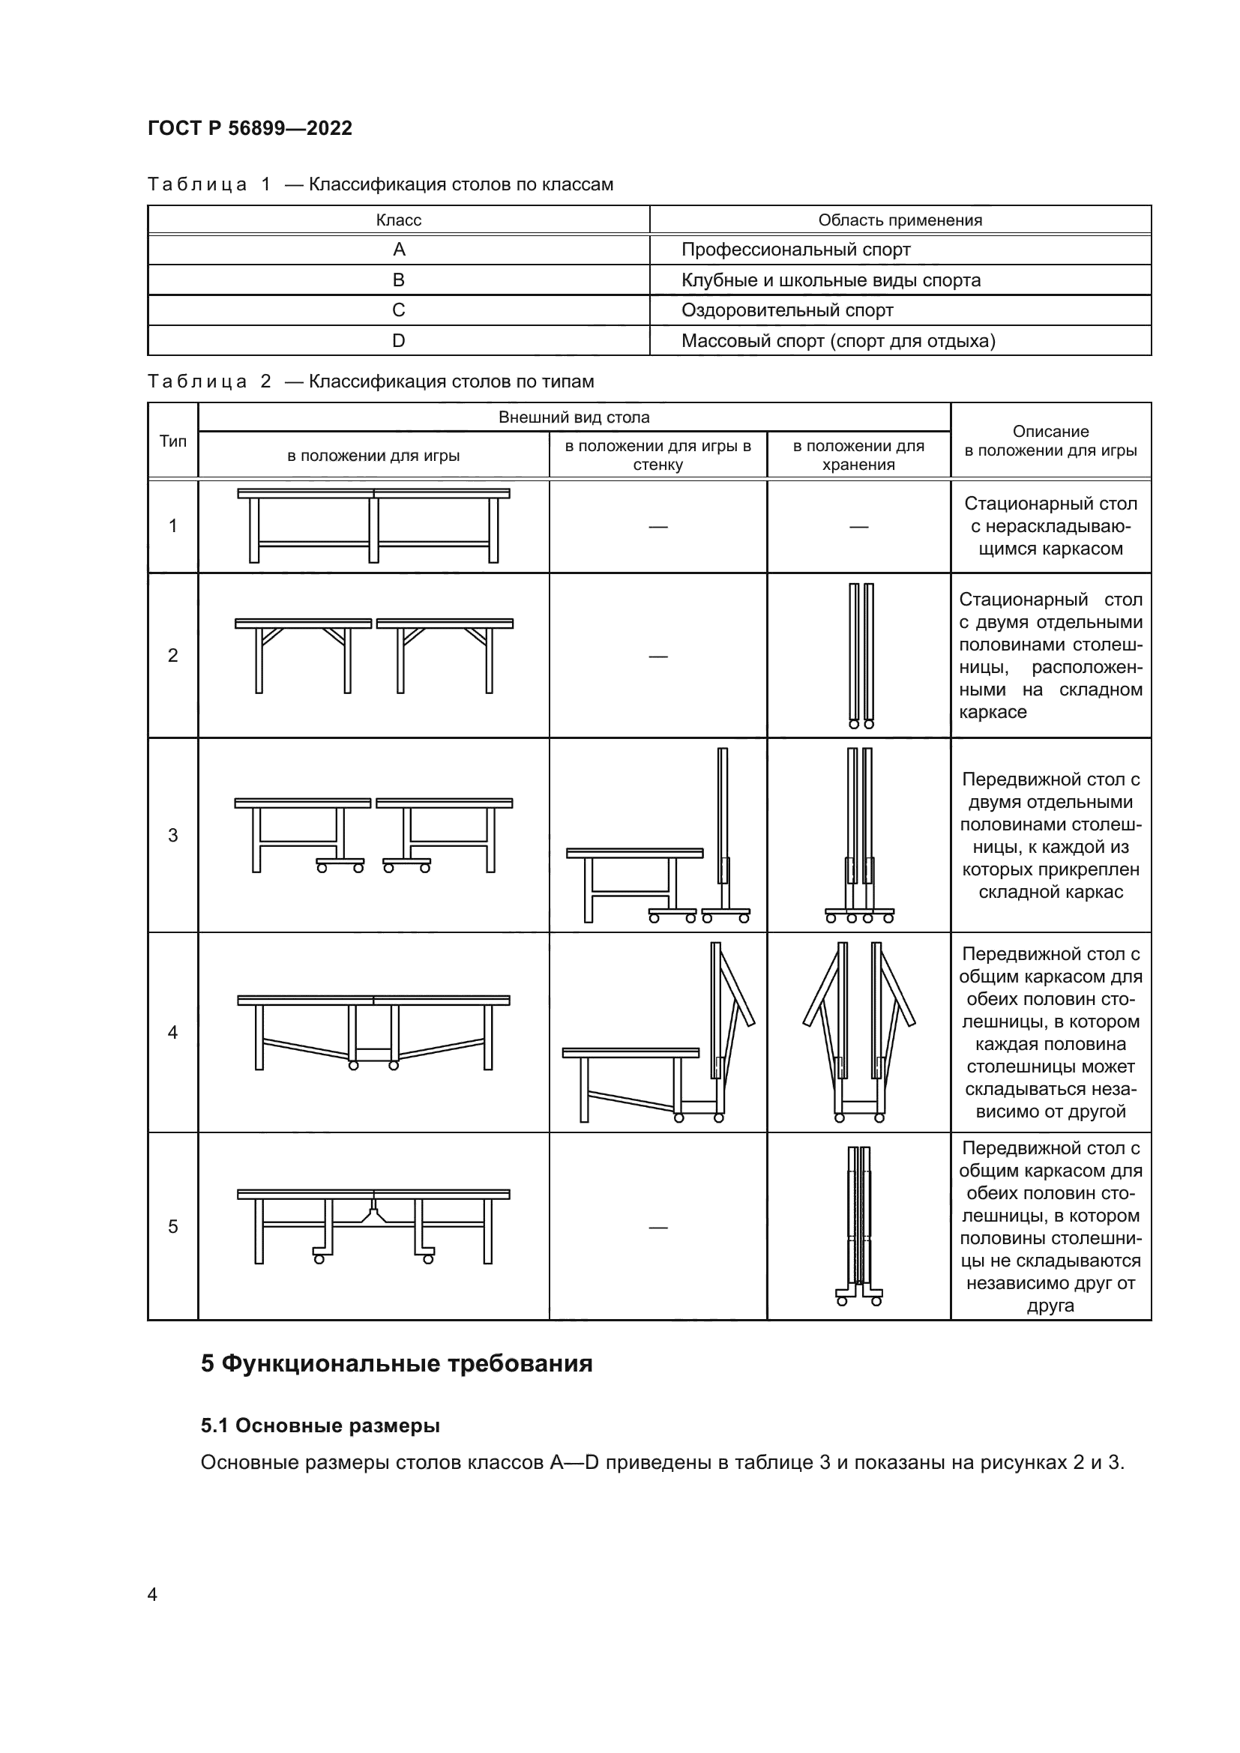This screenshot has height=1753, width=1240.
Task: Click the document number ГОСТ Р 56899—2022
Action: (x=250, y=128)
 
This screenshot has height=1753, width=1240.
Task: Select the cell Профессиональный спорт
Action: (x=795, y=250)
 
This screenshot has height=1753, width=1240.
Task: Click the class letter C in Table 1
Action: (x=398, y=310)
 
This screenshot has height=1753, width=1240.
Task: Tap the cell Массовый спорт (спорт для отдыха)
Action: (x=837, y=340)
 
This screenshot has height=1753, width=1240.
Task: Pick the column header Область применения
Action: (x=900, y=220)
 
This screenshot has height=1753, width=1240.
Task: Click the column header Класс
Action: (x=398, y=220)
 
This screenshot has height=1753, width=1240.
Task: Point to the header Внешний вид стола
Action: (x=574, y=417)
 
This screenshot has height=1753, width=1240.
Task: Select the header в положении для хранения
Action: (x=858, y=455)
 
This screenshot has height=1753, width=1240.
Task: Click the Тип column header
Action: (x=172, y=441)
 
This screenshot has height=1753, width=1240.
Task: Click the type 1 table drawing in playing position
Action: (x=373, y=525)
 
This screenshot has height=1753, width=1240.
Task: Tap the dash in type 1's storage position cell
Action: (x=858, y=527)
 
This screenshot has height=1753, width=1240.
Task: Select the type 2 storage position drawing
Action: (x=861, y=655)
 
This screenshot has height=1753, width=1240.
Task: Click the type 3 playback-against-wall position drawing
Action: (x=657, y=836)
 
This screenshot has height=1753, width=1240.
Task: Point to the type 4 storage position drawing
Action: (x=859, y=1031)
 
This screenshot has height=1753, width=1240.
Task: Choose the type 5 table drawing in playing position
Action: (x=373, y=1226)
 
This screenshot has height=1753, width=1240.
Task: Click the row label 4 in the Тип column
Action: (x=172, y=1032)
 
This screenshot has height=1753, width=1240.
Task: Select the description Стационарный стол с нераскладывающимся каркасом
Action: (x=1050, y=526)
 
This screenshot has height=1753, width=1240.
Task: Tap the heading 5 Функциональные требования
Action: (x=397, y=1363)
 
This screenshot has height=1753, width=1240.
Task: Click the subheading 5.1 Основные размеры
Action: (x=320, y=1425)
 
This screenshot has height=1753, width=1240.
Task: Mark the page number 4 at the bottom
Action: (x=152, y=1594)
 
